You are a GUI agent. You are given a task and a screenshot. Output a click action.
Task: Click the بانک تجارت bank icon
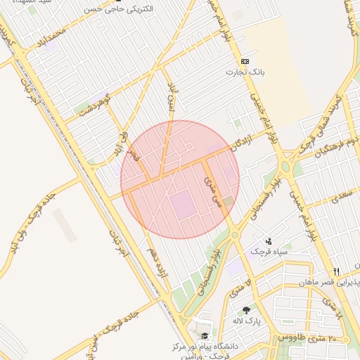245,61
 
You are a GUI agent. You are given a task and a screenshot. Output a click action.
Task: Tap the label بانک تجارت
243,72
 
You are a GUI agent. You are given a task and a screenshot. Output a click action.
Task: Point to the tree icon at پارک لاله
246,310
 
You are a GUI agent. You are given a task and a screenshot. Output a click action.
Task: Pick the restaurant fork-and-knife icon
337,271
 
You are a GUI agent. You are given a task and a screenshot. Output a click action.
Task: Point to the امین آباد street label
171,94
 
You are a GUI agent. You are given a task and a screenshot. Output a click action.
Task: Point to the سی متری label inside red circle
211,190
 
